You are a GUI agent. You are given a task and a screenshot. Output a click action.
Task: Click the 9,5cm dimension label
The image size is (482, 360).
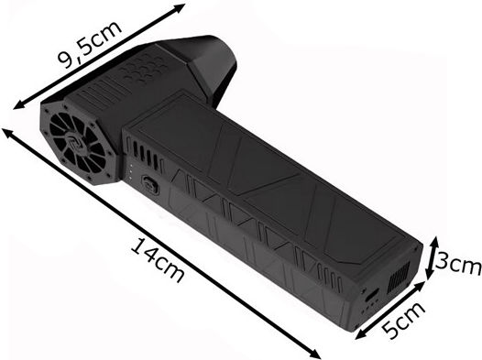click(89, 45)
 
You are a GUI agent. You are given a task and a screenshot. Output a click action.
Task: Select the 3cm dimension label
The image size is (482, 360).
click(458, 262)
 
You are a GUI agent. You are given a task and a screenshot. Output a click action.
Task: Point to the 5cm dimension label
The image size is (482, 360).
click(403, 321)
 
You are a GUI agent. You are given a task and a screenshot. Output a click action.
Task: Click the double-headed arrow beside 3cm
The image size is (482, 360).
click(432, 257)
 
